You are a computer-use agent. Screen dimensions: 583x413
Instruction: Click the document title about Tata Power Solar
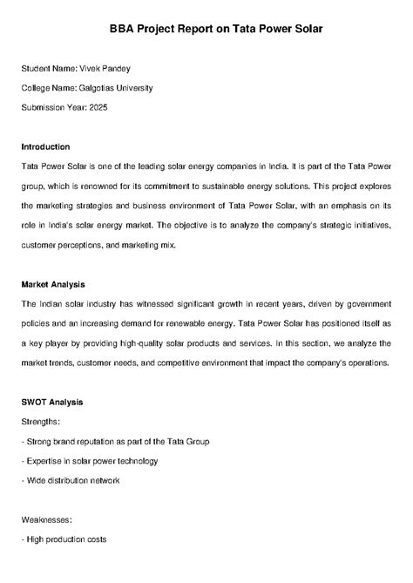[206, 28]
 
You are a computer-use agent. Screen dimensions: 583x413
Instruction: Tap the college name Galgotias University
[116, 87]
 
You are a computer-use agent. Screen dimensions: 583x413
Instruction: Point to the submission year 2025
[99, 107]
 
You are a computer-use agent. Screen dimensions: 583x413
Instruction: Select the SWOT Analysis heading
[51, 403]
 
